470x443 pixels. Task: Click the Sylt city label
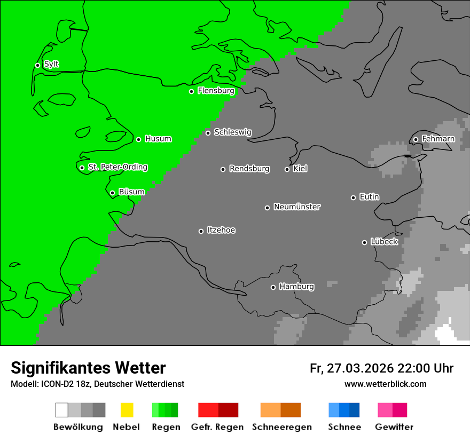51,65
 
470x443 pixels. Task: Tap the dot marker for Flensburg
191,91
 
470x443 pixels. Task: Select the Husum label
158,139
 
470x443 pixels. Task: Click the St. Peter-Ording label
117,167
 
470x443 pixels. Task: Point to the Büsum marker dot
112,193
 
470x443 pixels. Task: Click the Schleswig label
232,132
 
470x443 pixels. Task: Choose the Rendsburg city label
249,169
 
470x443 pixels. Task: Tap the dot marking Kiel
287,169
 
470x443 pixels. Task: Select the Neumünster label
297,207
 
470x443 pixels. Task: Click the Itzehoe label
221,230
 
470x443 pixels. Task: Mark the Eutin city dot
353,197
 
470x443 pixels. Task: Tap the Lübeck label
384,242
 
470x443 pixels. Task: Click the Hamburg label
296,287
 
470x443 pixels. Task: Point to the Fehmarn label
438,139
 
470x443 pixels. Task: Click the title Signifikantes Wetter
88,368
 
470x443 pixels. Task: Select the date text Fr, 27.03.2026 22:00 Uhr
381,368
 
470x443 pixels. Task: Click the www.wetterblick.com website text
385,384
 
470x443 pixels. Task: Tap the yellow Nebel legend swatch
127,410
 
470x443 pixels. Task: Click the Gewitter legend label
394,427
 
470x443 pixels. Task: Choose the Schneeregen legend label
281,427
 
